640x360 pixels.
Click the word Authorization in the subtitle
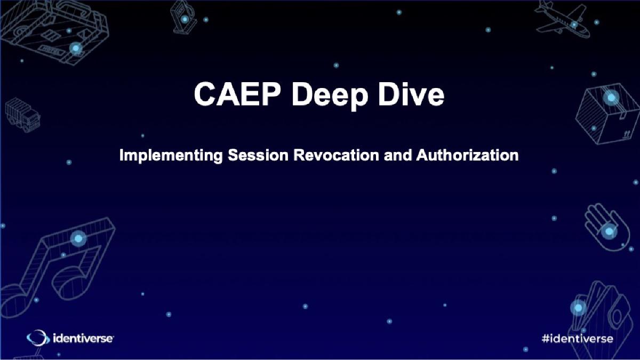(467, 156)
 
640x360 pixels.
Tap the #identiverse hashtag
(577, 338)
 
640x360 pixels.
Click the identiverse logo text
(83, 338)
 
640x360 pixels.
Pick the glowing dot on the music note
(78, 238)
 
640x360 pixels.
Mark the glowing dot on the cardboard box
(611, 97)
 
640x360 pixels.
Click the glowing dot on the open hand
(608, 231)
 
